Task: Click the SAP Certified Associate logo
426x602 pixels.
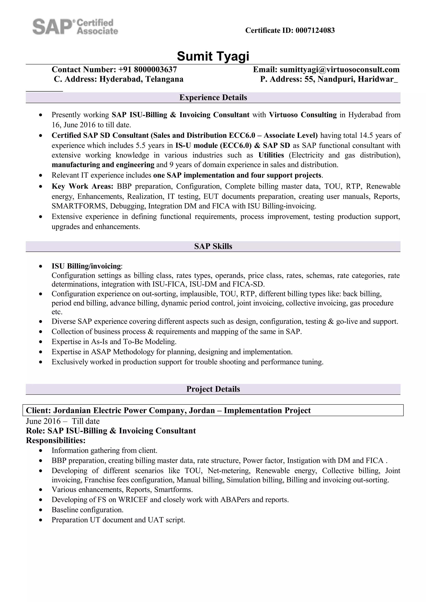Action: (75, 26)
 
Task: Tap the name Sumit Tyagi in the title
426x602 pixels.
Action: (213, 56)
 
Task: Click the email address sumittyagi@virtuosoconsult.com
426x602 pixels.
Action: (339, 69)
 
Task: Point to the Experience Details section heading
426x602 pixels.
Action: (213, 98)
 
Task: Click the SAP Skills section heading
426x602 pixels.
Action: (213, 246)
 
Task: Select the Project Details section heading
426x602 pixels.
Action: (213, 389)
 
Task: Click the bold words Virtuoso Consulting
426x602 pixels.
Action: (303, 115)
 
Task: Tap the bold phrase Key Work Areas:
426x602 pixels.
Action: (82, 186)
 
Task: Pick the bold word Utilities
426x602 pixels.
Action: (271, 155)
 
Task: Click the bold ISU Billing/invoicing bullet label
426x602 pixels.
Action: (86, 266)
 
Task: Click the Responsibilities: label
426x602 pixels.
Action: (56, 440)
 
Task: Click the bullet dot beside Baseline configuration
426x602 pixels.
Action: (40, 510)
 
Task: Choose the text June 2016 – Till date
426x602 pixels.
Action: (63, 421)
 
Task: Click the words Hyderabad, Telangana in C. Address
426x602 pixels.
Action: (141, 79)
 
